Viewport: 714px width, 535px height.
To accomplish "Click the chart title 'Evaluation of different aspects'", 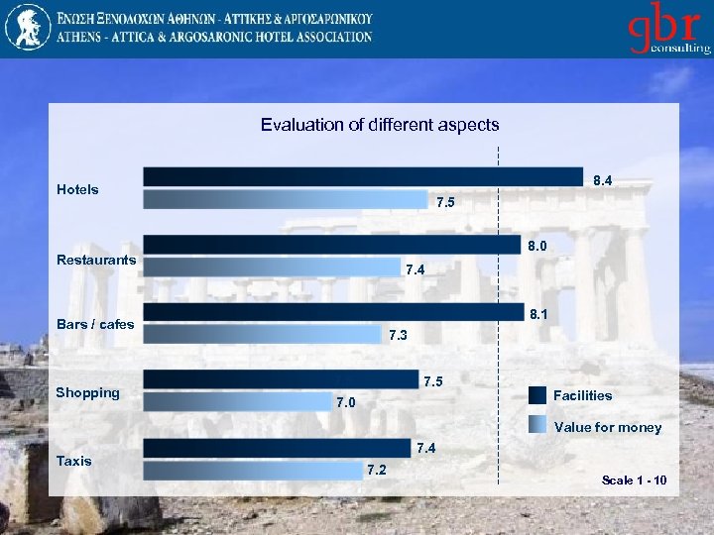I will [380, 125].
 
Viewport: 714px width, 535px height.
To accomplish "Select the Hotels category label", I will [77, 189].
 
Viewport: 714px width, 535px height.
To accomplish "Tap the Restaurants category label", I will [96, 260].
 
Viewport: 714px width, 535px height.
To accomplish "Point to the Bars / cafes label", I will [95, 324].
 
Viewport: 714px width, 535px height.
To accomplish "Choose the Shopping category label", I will [87, 392].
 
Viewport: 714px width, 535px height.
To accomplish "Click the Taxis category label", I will [74, 461].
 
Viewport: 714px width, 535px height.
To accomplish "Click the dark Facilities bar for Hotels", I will [362, 176].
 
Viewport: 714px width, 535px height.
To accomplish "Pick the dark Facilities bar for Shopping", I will [280, 378].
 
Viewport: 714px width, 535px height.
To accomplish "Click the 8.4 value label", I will [602, 181].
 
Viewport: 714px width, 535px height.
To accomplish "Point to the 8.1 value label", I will [539, 315].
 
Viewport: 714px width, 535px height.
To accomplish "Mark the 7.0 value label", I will [346, 402].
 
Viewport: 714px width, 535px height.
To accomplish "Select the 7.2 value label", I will [377, 469].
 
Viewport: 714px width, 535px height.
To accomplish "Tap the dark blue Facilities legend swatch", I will [537, 395].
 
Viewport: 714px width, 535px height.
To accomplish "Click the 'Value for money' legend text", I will [608, 428].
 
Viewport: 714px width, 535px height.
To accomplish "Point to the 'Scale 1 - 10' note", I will [634, 481].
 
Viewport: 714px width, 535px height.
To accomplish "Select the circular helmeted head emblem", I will [27, 28].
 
